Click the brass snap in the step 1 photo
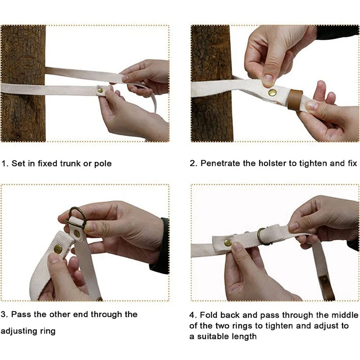(100, 90)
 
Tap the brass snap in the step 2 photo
(273, 93)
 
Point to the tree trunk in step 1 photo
(23, 83)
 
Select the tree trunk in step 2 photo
(211, 83)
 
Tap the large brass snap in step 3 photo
(58, 249)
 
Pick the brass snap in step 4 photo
(228, 243)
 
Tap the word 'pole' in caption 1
(103, 164)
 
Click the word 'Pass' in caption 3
(21, 314)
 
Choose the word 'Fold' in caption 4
(208, 315)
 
